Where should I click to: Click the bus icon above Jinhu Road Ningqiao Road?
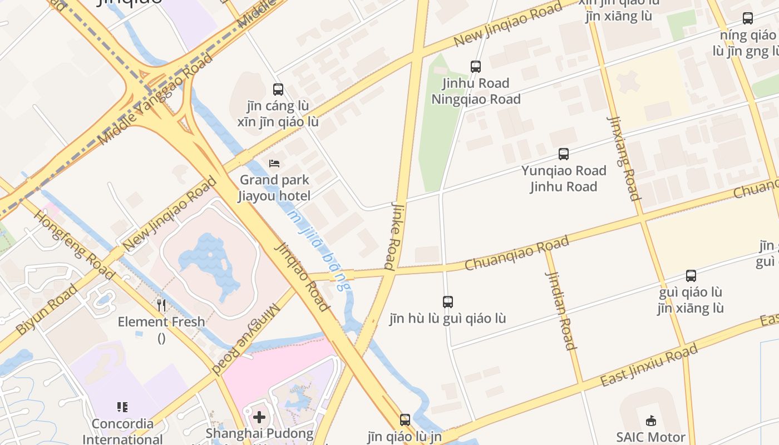click(x=476, y=67)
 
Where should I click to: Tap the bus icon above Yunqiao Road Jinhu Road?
click(x=564, y=154)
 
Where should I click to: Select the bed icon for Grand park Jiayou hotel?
click(x=274, y=164)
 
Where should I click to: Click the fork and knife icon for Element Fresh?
click(x=161, y=305)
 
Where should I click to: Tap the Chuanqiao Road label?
click(x=516, y=253)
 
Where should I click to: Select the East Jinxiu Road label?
click(x=648, y=365)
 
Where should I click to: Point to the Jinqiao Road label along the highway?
click(x=303, y=276)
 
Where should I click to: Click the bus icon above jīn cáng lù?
click(x=278, y=89)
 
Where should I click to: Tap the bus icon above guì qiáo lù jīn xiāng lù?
click(x=691, y=275)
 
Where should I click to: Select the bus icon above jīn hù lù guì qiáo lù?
click(x=448, y=302)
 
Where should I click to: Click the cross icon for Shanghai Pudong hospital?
click(x=259, y=417)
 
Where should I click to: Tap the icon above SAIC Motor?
click(x=651, y=421)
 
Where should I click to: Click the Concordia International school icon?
click(x=122, y=407)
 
